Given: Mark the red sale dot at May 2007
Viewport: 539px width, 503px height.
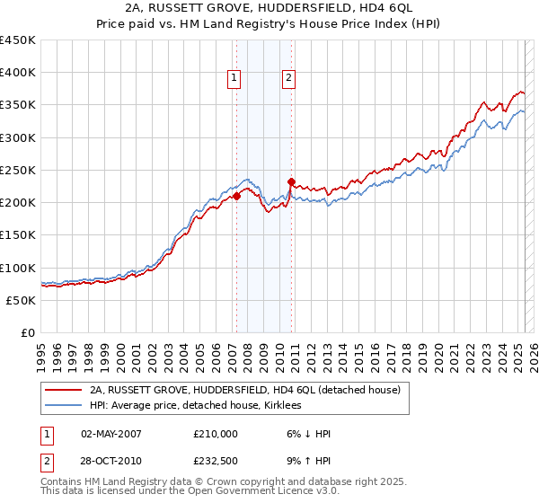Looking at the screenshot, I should point(236,196).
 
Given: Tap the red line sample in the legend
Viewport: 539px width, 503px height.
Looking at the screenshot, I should point(63,390).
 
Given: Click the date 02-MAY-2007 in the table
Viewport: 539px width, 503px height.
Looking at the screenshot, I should point(110,433).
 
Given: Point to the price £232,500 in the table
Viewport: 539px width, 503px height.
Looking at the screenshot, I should point(216,461).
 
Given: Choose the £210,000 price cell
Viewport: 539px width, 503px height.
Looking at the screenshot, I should point(216,433).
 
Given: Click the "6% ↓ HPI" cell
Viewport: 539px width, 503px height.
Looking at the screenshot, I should point(308,433).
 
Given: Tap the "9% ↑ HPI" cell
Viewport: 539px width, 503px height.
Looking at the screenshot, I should point(308,461).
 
